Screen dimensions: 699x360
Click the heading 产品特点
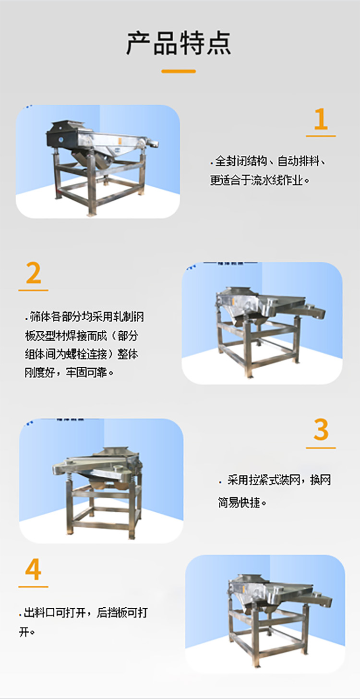pos(179,43)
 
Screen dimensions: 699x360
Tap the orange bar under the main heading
pos(179,71)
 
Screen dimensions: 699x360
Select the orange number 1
pos(321,120)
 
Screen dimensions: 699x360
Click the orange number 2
pos(33,274)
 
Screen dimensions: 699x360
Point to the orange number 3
pos(321,430)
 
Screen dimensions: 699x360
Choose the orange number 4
pos(33,570)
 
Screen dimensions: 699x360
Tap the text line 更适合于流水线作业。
pos(260,181)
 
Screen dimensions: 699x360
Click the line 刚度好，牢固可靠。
pos(69,372)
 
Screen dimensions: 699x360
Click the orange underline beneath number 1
pos(321,136)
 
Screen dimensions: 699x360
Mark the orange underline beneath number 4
pos(33,587)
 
